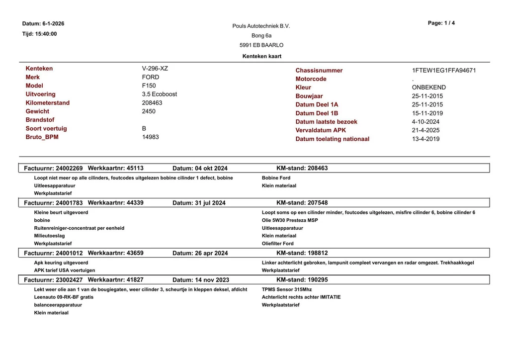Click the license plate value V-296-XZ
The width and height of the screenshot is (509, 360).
coord(155,69)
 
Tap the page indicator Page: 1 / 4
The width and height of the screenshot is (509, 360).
coord(441,23)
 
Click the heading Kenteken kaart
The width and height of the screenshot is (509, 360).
coord(261,56)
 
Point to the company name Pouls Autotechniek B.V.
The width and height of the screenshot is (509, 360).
coord(261,26)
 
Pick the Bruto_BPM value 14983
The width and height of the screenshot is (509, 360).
coord(150,137)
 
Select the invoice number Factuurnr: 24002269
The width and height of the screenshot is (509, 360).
coord(53,168)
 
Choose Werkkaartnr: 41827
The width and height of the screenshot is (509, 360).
coord(115,280)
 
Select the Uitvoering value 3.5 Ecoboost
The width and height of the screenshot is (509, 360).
coord(159,94)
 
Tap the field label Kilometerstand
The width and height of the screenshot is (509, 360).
coord(48,103)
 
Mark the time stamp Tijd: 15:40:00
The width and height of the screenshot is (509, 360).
coord(39,34)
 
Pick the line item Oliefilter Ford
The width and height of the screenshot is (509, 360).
coord(277,244)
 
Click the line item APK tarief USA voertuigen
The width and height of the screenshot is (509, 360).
coord(64,270)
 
